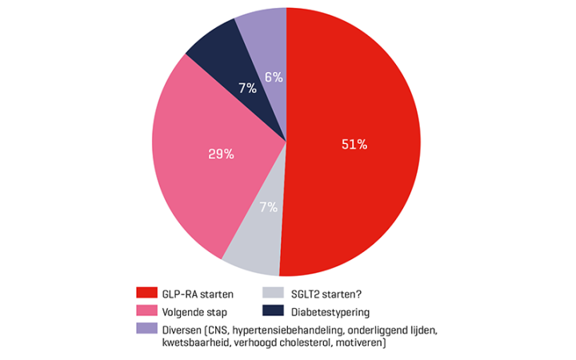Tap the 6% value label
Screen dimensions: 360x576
click(x=274, y=78)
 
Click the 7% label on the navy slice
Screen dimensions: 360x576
click(x=246, y=88)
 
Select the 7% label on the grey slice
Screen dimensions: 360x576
click(x=268, y=207)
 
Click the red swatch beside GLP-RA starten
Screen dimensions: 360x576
click(x=147, y=293)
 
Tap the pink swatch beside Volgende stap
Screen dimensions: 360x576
click(x=147, y=310)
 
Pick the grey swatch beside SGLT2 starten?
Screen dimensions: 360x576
click(x=274, y=293)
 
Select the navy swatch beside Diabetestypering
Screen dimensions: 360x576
click(x=274, y=310)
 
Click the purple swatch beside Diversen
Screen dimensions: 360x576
click(x=147, y=328)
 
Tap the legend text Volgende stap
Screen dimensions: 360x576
click(x=195, y=310)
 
